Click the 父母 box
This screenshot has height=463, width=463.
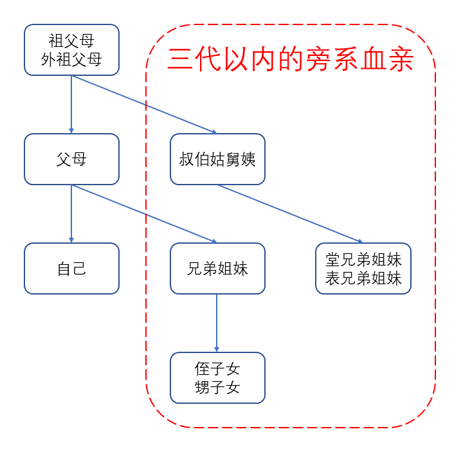(71, 159)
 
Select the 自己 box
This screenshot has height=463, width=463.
(71, 268)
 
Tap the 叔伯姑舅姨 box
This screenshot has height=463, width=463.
(217, 159)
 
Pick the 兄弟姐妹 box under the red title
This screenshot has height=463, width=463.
(217, 268)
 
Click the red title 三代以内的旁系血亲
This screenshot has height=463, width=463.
(290, 60)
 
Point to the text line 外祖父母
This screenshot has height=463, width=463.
(71, 60)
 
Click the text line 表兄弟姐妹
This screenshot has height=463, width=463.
(363, 278)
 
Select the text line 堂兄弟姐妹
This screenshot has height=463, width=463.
(363, 260)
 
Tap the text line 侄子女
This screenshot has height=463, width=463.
(217, 369)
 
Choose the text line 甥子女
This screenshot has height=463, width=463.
(217, 387)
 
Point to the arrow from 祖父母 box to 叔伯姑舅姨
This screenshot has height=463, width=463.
(145, 104)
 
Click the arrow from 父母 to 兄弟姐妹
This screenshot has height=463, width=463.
(145, 213)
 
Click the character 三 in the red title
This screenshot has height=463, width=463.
(179, 60)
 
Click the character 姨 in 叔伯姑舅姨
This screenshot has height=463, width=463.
(248, 159)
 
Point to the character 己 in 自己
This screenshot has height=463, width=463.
(79, 268)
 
